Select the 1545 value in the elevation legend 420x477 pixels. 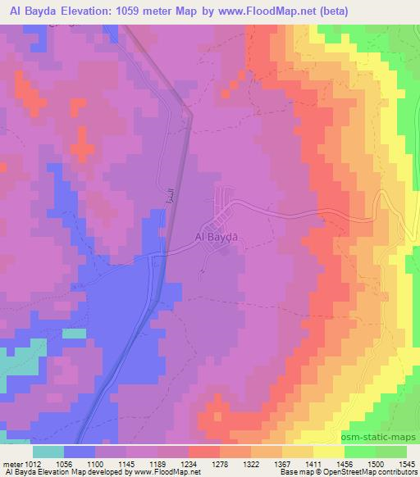pos(406,463)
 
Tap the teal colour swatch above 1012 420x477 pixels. pos(48,452)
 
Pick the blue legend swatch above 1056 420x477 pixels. pos(80,452)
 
